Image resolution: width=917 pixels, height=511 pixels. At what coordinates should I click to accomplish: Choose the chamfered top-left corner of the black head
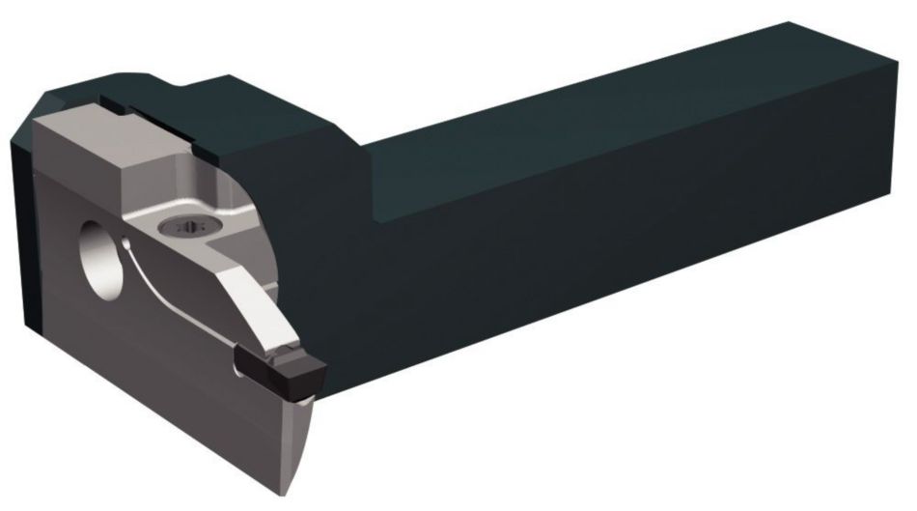click(39, 106)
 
